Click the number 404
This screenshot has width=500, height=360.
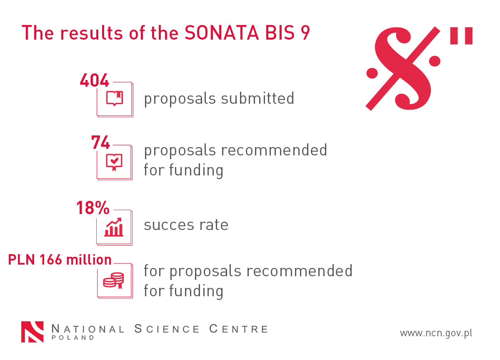click(95, 80)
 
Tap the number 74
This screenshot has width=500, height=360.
click(100, 142)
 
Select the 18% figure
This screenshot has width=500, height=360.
click(93, 207)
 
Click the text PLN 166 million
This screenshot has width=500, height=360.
click(60, 260)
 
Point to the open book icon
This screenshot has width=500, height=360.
click(115, 98)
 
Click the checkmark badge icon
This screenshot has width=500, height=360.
click(114, 162)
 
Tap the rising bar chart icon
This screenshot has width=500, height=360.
click(114, 227)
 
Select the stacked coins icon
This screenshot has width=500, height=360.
click(114, 280)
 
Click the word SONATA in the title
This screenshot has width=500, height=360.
click(222, 33)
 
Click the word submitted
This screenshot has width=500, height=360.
click(257, 98)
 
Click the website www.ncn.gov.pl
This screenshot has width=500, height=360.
click(436, 333)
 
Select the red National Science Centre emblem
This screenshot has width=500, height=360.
click(32, 332)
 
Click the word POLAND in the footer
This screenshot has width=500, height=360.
click(73, 337)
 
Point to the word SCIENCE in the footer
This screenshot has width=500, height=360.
click(167, 329)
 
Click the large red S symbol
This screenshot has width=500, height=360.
click(403, 68)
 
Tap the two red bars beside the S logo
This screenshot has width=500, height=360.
click(461, 36)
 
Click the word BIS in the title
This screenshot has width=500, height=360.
click(280, 33)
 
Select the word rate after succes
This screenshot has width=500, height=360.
click(214, 225)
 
